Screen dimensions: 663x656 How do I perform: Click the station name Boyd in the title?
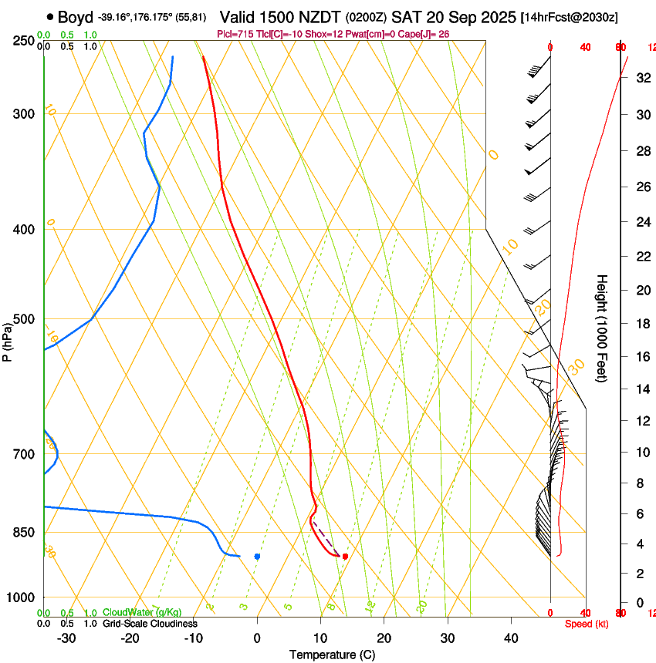76,17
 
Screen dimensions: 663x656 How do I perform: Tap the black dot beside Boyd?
50,16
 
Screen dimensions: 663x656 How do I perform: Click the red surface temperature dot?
345,556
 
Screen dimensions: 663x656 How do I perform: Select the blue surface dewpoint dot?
257,556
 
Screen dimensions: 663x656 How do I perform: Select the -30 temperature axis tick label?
66,638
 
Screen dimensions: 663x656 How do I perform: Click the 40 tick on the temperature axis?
510,638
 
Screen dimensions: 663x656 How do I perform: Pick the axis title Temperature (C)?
332,655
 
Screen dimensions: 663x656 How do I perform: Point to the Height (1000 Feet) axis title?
602,328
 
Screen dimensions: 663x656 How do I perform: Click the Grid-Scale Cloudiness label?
150,623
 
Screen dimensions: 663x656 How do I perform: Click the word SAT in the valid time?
404,17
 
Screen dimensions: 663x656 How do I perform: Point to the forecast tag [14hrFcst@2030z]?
569,17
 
